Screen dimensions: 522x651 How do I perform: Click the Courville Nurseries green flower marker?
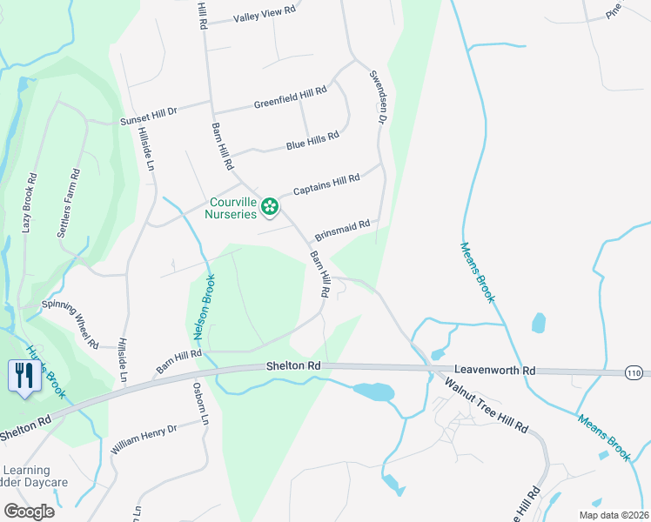[270, 207]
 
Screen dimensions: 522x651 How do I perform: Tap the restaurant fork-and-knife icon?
[23, 376]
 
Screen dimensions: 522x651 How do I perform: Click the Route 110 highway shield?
[635, 372]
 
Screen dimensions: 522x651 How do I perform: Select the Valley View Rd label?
[265, 13]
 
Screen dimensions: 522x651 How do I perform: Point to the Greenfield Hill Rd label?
[290, 97]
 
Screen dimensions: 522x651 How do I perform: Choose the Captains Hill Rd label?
[326, 184]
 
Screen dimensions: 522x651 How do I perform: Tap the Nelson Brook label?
[204, 306]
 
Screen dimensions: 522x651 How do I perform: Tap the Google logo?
[29, 511]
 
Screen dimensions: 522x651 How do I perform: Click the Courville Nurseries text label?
[232, 207]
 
